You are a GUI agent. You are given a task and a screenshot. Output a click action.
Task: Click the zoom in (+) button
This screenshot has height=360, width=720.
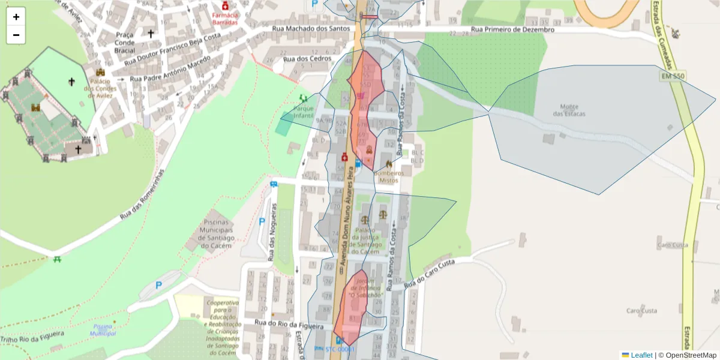[16, 17]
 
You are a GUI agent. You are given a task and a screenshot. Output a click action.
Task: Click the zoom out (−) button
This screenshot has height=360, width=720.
[16, 35]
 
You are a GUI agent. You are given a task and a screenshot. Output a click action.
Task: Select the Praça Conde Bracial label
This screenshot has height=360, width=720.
[125, 43]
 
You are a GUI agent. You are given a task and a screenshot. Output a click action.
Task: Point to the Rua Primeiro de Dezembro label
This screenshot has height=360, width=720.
[512, 29]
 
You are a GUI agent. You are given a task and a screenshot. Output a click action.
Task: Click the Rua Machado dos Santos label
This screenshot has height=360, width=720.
[310, 29]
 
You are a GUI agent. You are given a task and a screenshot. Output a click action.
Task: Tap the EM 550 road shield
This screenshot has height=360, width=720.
[673, 76]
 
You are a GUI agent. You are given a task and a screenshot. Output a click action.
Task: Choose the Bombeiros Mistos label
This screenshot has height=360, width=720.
[389, 176]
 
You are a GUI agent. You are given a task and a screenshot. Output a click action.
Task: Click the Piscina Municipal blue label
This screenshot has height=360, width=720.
[103, 330]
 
